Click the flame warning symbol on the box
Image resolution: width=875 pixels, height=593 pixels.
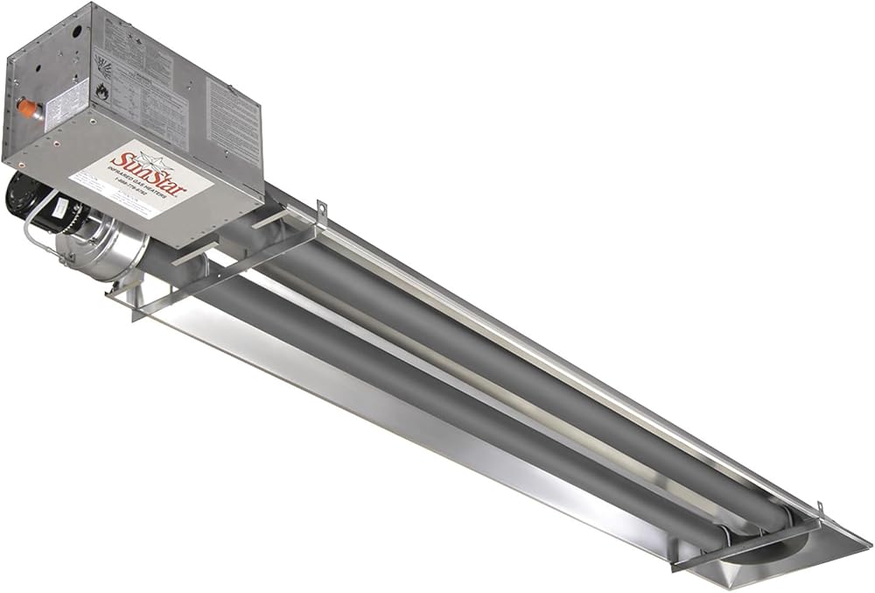[x=102, y=90]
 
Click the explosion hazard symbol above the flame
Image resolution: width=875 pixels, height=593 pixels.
[x=101, y=67]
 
